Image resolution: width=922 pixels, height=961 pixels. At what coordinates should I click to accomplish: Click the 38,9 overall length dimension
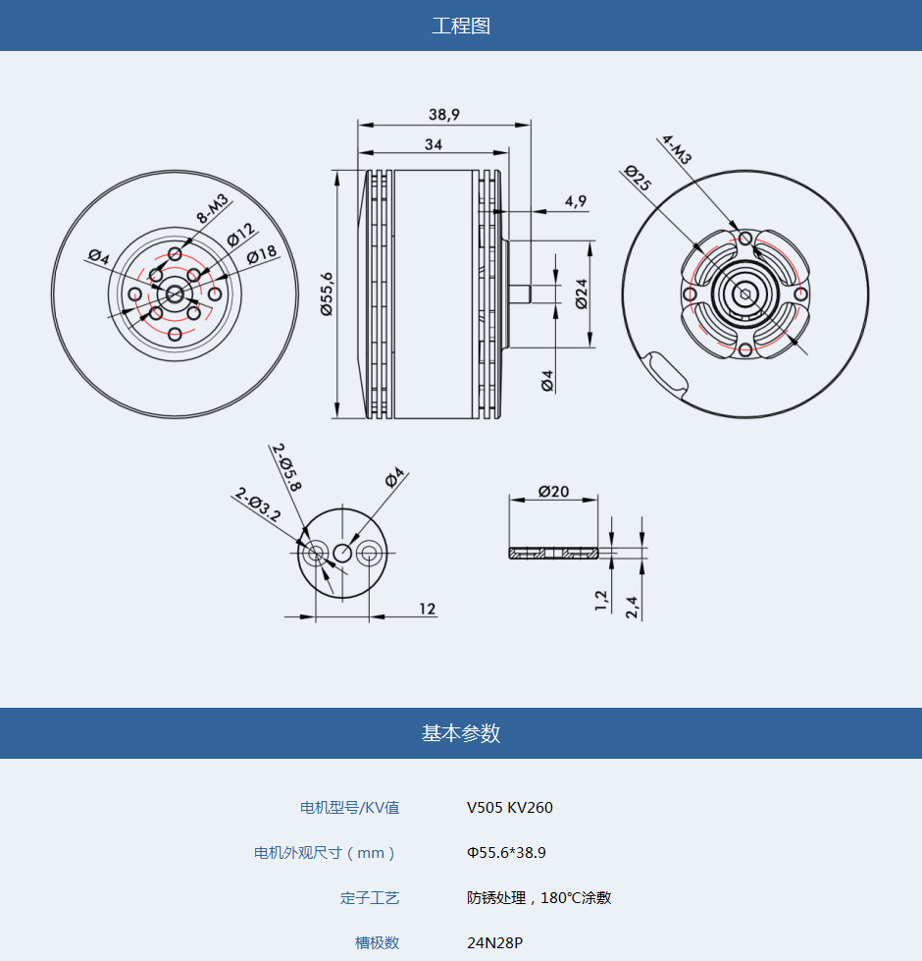click(444, 114)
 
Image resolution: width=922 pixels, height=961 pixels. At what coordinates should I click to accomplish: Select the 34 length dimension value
click(434, 144)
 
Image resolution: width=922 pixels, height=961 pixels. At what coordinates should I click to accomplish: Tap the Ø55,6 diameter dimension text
click(327, 294)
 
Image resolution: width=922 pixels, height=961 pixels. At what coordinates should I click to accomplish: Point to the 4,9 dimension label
click(576, 201)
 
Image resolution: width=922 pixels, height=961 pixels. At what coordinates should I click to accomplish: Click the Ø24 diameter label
click(582, 294)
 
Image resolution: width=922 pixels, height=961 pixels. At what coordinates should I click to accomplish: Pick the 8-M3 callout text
click(212, 208)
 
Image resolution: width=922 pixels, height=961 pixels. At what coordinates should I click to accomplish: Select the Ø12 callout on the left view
click(240, 235)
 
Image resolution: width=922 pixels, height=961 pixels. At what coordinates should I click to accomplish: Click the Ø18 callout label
click(262, 254)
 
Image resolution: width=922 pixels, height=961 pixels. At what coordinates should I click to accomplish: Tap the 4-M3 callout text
click(677, 149)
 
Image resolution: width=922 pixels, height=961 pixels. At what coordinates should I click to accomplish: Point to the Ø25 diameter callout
click(638, 178)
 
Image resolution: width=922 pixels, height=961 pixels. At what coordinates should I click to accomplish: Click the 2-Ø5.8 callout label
click(286, 467)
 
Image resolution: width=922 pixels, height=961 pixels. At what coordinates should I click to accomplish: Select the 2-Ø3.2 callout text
click(258, 505)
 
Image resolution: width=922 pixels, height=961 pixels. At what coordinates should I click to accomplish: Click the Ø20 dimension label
click(553, 491)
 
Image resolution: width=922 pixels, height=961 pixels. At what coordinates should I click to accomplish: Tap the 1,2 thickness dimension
click(601, 600)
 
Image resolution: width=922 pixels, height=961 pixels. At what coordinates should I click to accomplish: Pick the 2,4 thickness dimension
click(632, 607)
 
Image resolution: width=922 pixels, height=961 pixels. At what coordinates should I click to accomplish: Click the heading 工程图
click(461, 26)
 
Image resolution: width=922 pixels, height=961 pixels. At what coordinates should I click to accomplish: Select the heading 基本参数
click(461, 733)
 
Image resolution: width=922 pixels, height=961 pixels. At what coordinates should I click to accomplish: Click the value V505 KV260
click(509, 807)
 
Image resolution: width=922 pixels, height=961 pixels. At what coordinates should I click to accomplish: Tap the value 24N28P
click(494, 942)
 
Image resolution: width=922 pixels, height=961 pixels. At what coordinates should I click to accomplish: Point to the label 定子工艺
click(370, 898)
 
